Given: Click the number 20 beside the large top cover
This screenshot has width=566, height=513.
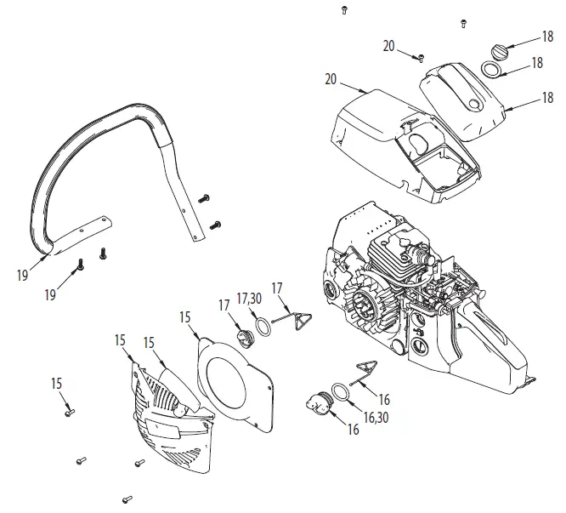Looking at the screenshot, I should [332, 79].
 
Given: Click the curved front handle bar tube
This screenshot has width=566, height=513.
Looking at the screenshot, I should [93, 140].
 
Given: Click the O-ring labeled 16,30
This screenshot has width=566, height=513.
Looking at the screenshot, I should [339, 390].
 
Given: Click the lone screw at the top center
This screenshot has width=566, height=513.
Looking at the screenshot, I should [343, 9].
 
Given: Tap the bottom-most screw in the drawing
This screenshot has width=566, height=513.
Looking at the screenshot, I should [127, 499].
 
